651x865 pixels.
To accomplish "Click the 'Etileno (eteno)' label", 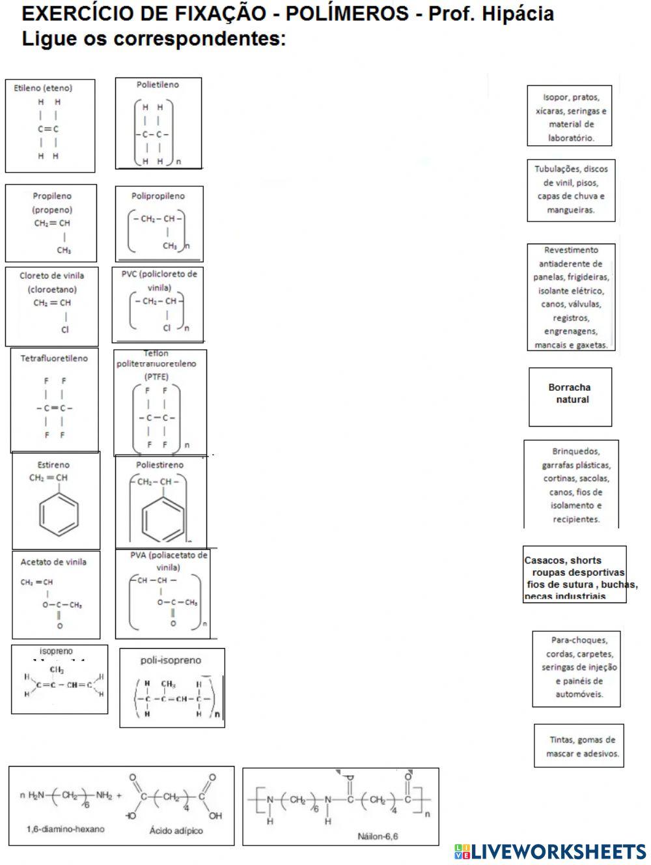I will [43, 88].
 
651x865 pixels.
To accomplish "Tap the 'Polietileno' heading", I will [158, 85].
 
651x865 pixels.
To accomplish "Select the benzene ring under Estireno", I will [59, 513].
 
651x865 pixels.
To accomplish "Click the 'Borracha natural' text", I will [570, 393].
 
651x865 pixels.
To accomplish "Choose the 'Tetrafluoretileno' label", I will [54, 358].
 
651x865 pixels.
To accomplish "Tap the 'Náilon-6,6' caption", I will [378, 836].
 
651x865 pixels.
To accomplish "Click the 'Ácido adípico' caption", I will [176, 830].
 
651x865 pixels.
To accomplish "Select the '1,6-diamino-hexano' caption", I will [65, 829].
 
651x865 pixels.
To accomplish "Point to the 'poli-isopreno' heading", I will [171, 660].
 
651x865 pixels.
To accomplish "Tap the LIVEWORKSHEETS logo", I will [550, 851].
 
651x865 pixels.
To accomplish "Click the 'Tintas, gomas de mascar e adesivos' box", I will [579, 746].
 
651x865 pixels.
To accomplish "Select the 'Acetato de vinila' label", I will [53, 562].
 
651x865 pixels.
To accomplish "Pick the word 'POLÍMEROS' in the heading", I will [350, 14].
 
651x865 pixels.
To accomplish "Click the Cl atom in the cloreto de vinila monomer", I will [65, 330].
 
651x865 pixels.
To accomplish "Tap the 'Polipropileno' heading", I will [158, 196].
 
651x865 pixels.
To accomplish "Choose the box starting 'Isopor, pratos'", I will [570, 117].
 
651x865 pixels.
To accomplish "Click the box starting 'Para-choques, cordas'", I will [576, 668].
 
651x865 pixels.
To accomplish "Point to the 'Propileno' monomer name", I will [52, 196].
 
